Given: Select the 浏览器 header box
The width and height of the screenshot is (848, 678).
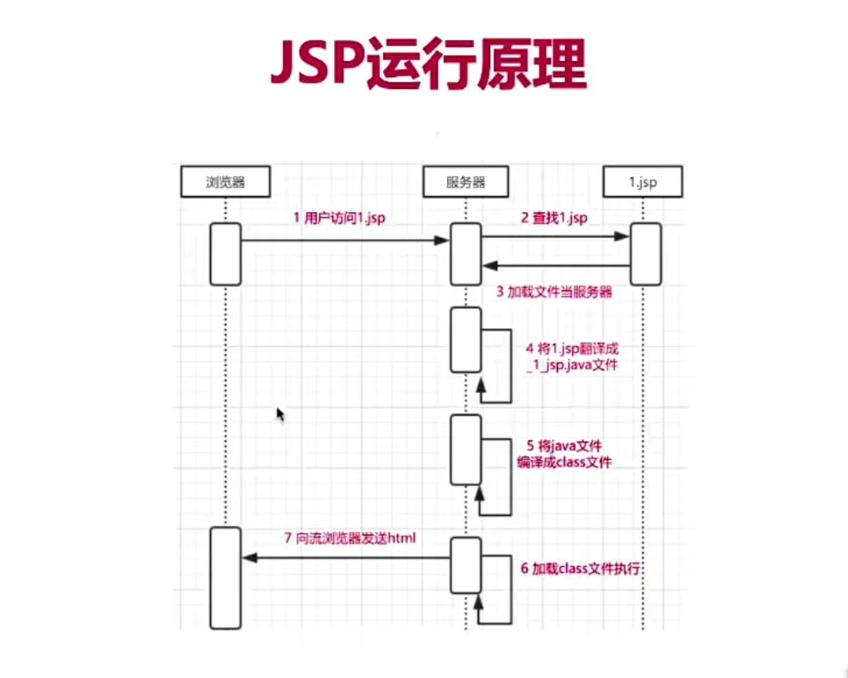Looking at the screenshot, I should (225, 182).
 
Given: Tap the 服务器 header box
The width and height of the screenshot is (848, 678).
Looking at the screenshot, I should (465, 182).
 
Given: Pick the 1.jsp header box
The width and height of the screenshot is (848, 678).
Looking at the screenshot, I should (642, 182).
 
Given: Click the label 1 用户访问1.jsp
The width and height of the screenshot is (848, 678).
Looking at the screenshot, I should (339, 218).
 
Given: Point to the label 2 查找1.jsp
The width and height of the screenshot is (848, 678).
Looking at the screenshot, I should (553, 218).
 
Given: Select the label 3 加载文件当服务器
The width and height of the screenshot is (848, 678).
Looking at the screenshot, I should (554, 292).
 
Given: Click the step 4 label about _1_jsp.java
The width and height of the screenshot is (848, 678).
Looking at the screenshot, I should (572, 357).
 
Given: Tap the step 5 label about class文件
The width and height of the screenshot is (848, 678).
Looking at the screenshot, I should (564, 454).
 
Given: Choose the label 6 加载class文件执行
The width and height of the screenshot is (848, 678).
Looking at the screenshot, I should (580, 569).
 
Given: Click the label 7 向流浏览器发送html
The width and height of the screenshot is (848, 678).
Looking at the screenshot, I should (350, 538).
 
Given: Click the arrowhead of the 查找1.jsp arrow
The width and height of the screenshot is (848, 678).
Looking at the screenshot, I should (622, 236).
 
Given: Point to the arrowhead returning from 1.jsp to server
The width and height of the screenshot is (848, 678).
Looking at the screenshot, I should (490, 266).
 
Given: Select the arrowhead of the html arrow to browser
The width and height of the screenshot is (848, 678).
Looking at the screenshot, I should (249, 558).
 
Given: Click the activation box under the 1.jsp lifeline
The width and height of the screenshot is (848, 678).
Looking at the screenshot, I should (646, 254).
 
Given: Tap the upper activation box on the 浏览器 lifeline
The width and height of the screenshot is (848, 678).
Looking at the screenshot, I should (225, 254).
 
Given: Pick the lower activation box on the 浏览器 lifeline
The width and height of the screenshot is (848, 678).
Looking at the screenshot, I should (225, 578).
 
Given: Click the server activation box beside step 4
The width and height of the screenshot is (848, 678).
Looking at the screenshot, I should (465, 340).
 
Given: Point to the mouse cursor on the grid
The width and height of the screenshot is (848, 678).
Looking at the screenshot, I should (280, 414).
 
